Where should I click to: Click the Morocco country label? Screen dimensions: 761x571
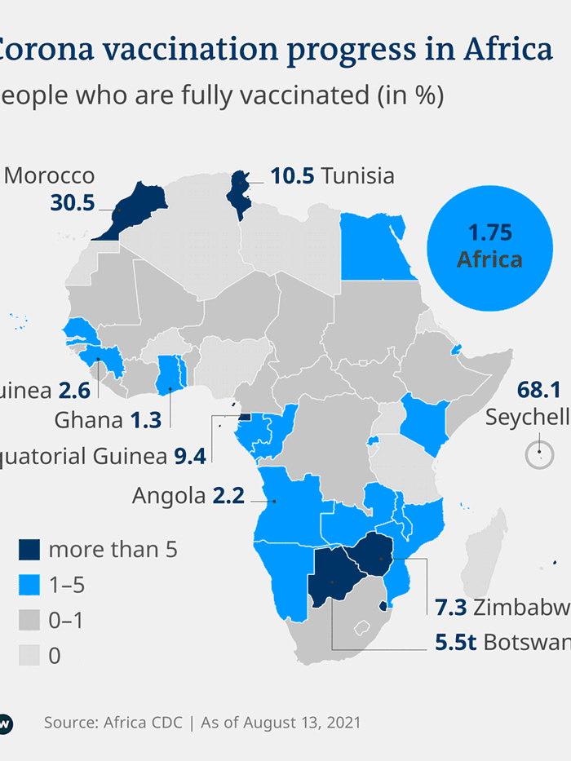coord(50,176)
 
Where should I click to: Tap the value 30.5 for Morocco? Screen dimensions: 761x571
coord(73,203)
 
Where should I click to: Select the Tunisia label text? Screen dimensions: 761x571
coord(357,175)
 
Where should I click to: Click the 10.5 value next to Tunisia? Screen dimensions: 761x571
coord(292,175)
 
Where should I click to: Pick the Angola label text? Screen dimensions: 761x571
coord(169,495)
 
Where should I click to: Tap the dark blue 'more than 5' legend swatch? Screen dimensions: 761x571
coord(28,550)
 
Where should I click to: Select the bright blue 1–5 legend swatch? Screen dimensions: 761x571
coord(28,585)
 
